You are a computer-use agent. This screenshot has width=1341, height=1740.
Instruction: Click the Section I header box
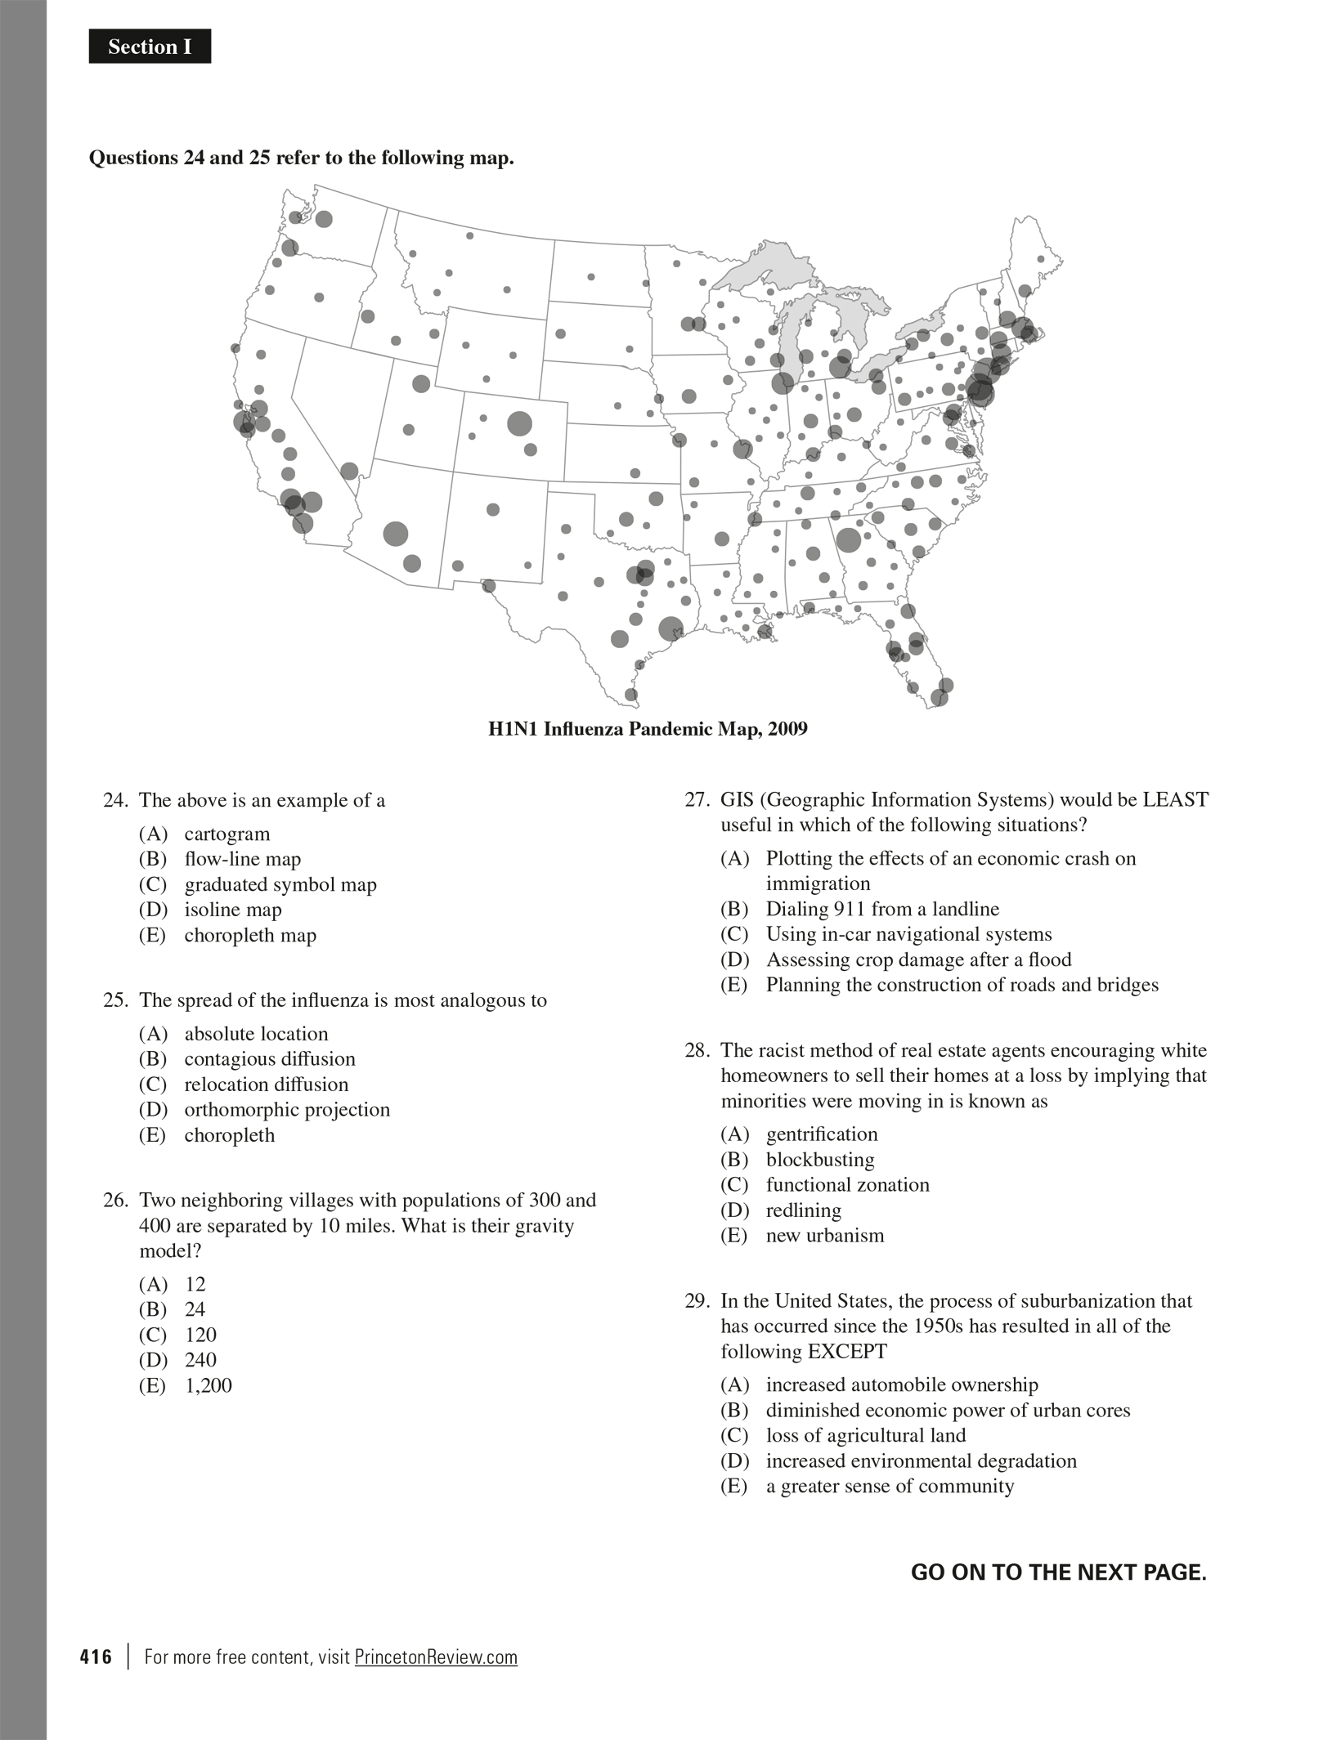150,47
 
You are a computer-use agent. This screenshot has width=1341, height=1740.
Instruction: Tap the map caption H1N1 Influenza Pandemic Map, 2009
648,729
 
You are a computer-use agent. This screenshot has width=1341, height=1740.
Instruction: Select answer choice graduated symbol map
280,884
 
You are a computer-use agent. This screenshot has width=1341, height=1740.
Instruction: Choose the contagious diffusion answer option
269,1059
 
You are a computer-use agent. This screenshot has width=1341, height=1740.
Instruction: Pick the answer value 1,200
208,1385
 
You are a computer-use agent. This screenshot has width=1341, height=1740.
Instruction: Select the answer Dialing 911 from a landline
881,909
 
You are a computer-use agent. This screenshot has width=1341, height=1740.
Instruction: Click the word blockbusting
819,1160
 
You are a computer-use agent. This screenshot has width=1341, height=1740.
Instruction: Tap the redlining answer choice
803,1210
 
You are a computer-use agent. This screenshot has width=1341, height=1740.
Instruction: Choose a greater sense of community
889,1487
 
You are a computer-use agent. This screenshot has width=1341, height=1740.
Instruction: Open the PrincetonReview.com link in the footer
436,1657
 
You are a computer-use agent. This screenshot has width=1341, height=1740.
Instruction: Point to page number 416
96,1657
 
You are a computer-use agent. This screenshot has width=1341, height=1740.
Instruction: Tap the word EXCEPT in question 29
847,1352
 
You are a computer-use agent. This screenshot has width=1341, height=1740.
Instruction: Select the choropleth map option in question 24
249,935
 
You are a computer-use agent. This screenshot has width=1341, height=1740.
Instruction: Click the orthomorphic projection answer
286,1110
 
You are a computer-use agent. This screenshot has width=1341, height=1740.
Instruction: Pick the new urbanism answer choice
824,1236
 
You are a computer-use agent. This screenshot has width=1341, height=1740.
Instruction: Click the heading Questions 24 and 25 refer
301,158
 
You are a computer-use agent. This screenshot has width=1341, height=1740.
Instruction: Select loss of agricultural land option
865,1436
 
